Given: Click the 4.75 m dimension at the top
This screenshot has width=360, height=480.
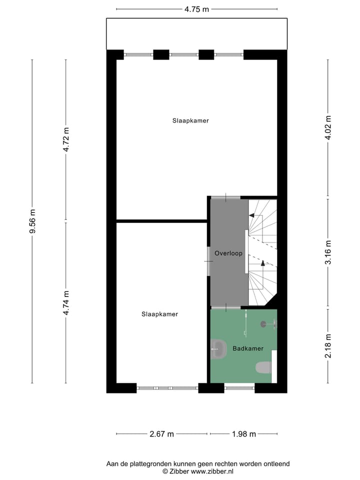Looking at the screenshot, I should pos(196,9).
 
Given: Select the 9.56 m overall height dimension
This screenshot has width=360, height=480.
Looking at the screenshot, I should pos(32,221).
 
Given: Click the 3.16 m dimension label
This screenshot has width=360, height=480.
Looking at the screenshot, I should pos(328,253).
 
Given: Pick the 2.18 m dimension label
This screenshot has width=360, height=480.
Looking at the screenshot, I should pos(328,346).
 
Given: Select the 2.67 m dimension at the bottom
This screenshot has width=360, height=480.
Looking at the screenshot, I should pos(161,434).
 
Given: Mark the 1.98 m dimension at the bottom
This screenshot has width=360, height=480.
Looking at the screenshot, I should pos(243,434).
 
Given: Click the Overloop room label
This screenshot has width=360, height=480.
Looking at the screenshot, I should pos(228,253).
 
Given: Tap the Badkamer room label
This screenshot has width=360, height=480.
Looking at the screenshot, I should pos(248,348).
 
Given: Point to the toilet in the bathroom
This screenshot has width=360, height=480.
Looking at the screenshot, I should pos(263,368).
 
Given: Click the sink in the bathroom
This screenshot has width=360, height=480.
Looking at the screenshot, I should pos(218,349).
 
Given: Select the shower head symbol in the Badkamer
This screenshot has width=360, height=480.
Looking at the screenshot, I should pos(263,324).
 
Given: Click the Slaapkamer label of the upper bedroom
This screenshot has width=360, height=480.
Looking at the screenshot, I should pos(190,120).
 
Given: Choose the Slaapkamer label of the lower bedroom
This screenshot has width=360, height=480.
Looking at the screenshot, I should pos(160,314).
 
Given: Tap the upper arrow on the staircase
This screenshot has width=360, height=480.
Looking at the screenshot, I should pos(251,215).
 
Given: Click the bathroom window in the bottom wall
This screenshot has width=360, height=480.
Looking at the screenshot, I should pos(239,387).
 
